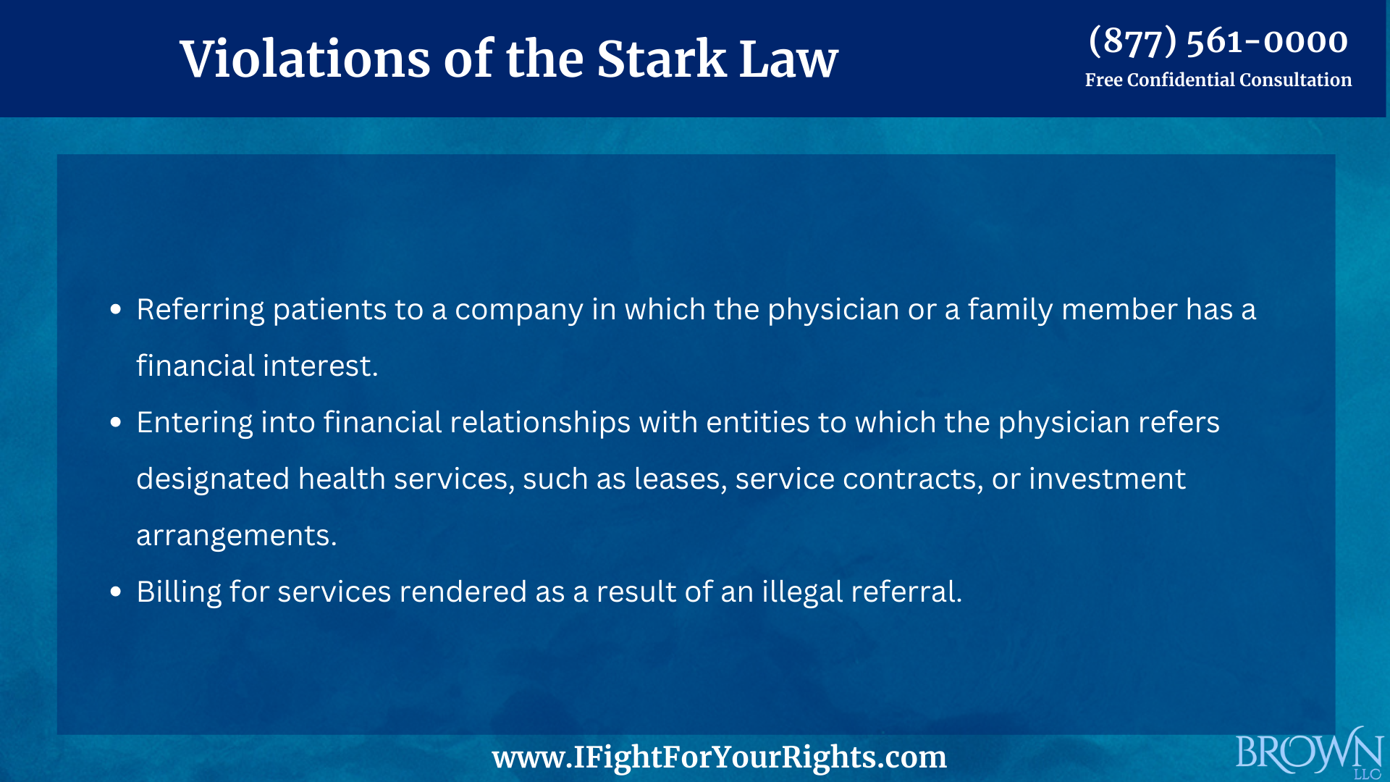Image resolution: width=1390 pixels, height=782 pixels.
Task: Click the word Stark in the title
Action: (661, 59)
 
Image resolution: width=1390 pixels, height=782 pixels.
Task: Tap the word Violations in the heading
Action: (305, 59)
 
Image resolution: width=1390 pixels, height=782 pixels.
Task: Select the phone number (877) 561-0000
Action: (1218, 41)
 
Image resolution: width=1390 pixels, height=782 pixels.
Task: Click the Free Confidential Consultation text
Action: (1218, 80)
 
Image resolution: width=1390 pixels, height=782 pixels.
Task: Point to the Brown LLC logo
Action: (1309, 753)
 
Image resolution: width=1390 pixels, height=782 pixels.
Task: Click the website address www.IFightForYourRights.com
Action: (719, 757)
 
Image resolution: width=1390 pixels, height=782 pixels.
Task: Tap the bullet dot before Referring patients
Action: (116, 310)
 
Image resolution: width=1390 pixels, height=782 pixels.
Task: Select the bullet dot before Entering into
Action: (116, 423)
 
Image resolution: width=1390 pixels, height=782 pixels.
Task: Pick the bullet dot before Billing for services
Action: (116, 592)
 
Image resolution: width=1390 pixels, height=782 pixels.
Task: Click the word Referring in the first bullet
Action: (201, 310)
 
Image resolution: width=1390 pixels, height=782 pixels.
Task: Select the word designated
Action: (213, 479)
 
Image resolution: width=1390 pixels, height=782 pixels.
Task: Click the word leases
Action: (679, 479)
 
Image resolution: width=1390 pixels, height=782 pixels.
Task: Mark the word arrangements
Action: (236, 536)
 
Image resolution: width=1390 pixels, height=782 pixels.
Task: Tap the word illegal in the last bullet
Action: (801, 592)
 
